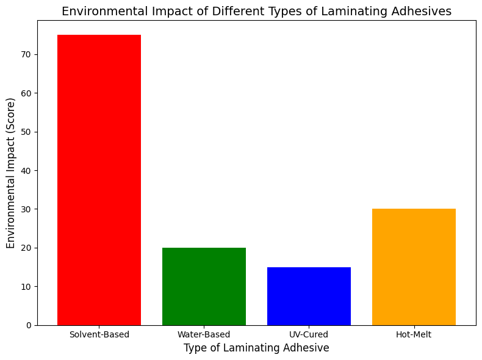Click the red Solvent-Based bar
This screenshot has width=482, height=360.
(99, 180)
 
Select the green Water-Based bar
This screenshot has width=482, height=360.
(204, 286)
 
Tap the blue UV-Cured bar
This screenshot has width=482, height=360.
(309, 296)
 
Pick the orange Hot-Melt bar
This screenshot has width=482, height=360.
(414, 267)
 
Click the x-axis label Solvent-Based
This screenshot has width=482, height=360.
(99, 334)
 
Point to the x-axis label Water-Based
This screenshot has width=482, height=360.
(204, 334)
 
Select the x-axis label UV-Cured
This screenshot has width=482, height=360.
(309, 334)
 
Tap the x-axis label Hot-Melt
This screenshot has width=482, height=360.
(414, 334)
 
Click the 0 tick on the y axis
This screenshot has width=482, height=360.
(29, 325)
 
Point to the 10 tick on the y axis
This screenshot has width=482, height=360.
(27, 287)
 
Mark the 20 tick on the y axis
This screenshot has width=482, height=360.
(27, 248)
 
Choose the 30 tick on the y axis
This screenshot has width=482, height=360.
(27, 209)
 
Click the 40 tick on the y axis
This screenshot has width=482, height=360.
(27, 170)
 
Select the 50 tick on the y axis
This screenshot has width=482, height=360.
(27, 132)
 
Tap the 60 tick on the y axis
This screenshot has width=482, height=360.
(27, 93)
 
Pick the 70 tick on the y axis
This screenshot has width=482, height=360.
(27, 54)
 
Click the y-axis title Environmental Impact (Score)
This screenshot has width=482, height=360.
(10, 173)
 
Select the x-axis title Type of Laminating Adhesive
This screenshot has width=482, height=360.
(256, 348)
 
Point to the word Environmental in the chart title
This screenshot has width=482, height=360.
(100, 11)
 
